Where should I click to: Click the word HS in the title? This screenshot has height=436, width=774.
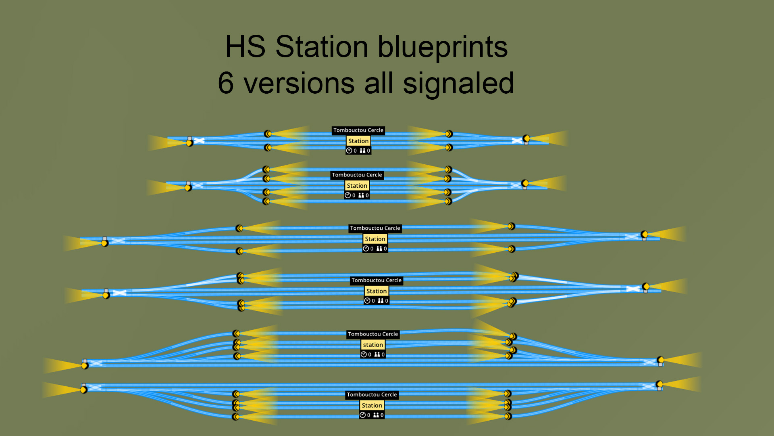point(245,46)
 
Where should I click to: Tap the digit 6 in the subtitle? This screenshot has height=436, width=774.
point(226,83)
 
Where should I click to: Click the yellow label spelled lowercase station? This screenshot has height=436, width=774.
point(373,345)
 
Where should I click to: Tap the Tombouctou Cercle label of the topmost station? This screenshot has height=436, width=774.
point(358,130)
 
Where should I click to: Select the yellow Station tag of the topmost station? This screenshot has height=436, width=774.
point(358,141)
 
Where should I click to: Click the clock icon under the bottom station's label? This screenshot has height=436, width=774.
point(362,415)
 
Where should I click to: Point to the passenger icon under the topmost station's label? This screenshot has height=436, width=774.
point(362,151)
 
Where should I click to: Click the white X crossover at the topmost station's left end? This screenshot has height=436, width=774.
point(199,140)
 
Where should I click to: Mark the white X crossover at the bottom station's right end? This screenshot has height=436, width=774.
point(648,386)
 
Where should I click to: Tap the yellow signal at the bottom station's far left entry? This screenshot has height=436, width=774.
point(83,390)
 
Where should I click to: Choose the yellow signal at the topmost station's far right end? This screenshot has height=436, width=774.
point(526,138)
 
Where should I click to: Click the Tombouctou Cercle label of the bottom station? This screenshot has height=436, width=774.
point(372,395)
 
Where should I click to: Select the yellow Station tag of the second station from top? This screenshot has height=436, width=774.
point(357,186)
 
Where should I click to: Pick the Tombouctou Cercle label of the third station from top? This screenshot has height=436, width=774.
point(375,228)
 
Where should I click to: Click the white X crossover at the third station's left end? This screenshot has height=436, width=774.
point(118,241)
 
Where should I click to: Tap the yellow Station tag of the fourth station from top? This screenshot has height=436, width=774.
point(377,291)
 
